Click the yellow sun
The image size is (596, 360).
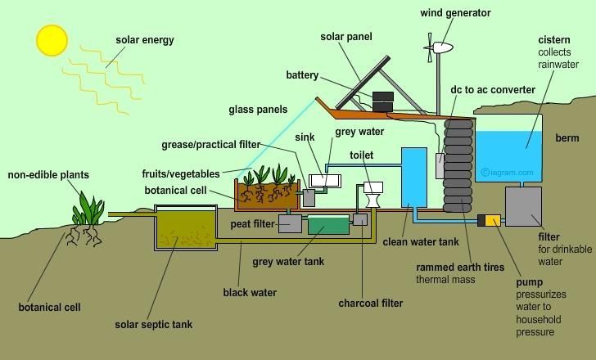click(52, 39)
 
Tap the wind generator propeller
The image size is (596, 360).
click(429, 49)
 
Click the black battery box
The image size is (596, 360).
click(382, 101)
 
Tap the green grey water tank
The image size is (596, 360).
click(327, 223)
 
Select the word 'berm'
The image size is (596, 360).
click(568, 137)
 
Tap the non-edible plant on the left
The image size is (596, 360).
click(86, 210)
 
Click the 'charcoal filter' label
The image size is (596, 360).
click(371, 304)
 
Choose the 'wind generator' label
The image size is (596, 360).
click(456, 13)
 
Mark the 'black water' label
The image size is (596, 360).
click(250, 292)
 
